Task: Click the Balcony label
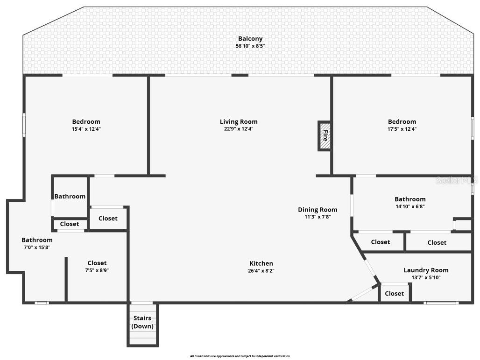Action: point(250,39)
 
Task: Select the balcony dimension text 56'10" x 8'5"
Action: point(250,46)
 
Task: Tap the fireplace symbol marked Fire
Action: point(325,136)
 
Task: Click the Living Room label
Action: point(239,122)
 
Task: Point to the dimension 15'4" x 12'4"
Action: point(86,129)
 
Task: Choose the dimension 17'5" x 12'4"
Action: point(402,129)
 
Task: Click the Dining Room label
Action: point(318,210)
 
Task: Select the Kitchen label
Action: point(261,263)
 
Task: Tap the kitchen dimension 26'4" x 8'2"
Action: point(261,271)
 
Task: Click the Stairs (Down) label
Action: point(142,322)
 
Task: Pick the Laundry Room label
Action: point(426,270)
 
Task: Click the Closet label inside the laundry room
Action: point(394,293)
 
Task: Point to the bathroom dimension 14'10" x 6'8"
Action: point(410,206)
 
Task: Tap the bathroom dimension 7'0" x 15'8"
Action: point(37,247)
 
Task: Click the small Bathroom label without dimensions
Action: point(70,196)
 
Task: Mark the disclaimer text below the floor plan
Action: point(240,356)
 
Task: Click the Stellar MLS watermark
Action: point(456,180)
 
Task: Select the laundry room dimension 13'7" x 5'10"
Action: point(426,277)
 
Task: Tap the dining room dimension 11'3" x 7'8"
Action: point(318,217)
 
